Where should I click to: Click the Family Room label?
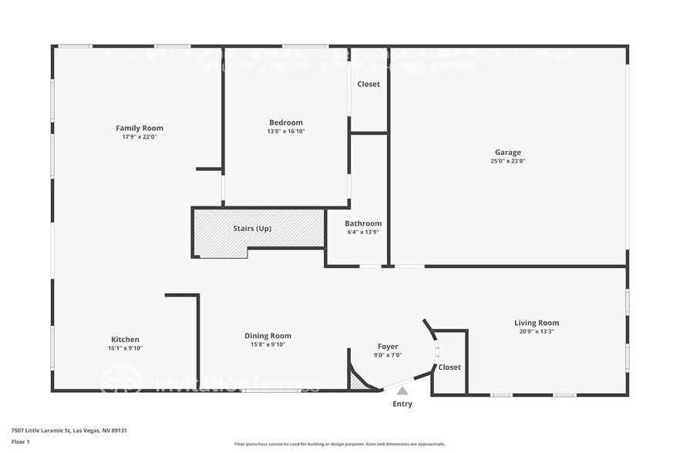tap(140, 128)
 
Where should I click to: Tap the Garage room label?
tap(508, 153)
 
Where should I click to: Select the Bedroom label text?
tap(286, 122)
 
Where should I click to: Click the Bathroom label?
tap(363, 223)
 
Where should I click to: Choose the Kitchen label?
tap(126, 340)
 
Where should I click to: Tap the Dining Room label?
tap(268, 336)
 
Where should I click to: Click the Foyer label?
tap(388, 347)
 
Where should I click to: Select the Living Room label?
tap(537, 323)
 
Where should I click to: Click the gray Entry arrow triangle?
tap(402, 391)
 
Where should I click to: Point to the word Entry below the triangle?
tap(402, 404)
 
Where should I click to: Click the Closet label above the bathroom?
tap(369, 84)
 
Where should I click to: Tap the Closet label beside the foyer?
tap(449, 367)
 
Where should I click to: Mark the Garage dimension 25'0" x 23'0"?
tap(508, 162)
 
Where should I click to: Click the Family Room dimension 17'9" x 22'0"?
tap(140, 137)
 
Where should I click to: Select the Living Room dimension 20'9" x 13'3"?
tap(537, 332)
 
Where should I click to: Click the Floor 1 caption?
tap(21, 441)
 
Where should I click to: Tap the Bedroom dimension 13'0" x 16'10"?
tap(286, 132)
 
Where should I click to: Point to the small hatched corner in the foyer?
tap(358, 381)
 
